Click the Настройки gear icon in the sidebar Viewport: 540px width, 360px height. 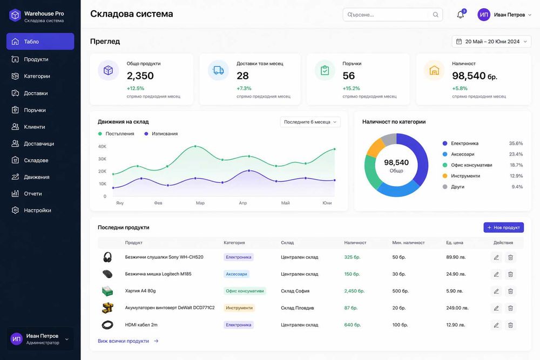click(15, 210)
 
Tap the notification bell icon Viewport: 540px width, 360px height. click(461, 15)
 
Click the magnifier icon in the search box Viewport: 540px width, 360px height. click(436, 15)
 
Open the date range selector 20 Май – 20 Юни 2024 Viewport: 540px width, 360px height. click(491, 42)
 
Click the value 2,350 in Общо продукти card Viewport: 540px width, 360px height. click(140, 76)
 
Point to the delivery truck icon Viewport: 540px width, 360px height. click(218, 70)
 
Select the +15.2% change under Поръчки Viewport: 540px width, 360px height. click(352, 89)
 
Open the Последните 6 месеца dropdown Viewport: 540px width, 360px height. click(310, 122)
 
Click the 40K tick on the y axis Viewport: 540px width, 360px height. click(102, 146)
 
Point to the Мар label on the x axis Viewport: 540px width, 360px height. click(200, 203)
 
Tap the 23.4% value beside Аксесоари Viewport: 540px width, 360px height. click(516, 154)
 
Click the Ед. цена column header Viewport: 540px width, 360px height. click(455, 243)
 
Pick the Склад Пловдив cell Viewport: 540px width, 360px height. click(297, 308)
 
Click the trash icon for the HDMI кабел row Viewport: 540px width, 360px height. click(510, 325)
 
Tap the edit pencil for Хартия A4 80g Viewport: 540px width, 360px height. click(496, 291)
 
